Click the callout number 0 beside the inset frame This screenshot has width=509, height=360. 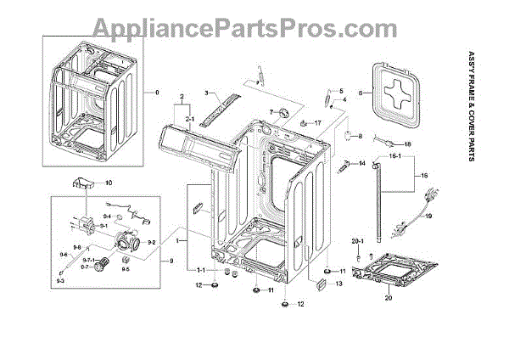tap(156, 91)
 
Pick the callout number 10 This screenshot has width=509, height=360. tap(108, 183)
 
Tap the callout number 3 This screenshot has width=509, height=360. tap(206, 91)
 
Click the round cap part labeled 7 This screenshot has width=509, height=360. tap(280, 115)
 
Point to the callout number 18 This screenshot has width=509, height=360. tap(406, 144)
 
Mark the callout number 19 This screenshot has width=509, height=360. tap(428, 217)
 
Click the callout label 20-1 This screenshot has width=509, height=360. tap(357, 241)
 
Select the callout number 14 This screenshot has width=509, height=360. tap(361, 162)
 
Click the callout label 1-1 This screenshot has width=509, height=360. tap(201, 270)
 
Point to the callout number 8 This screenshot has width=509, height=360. tap(360, 136)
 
